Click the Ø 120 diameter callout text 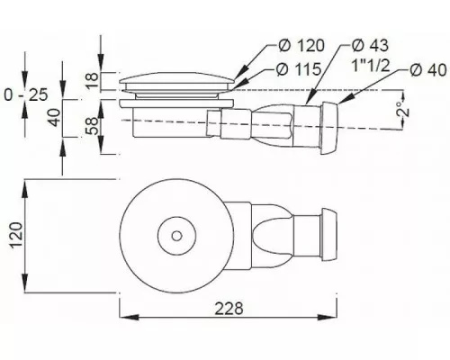click(301, 46)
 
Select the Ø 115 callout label click(299, 69)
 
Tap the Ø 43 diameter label click(370, 46)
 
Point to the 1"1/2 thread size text click(371, 66)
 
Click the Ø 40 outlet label click(428, 70)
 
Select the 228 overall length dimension click(229, 309)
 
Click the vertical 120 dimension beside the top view click(16, 235)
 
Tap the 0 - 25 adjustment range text click(26, 95)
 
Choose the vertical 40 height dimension click(54, 118)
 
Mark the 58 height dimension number click(92, 125)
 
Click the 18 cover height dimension click(92, 79)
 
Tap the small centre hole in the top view click(176, 236)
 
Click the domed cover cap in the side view click(176, 77)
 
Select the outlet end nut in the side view click(329, 129)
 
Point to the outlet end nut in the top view click(329, 234)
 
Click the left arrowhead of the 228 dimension click(129, 317)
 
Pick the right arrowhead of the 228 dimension click(328, 317)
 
